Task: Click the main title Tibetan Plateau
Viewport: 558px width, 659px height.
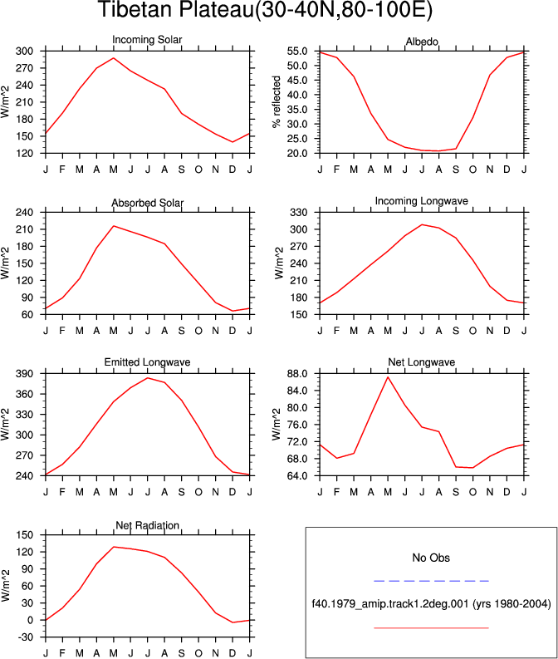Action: coord(265,9)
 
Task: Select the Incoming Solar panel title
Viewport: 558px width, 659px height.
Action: coord(147,40)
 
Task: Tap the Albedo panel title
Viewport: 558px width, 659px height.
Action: coord(422,42)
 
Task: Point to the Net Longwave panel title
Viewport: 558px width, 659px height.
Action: coord(422,361)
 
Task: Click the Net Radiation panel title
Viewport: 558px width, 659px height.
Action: coord(147,525)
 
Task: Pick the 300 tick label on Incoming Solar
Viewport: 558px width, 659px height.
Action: coord(24,51)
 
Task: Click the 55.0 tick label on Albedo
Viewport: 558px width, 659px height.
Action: coord(297,51)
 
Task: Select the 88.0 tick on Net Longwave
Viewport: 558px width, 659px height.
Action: coord(297,374)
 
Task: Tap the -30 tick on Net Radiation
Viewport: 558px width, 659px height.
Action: coord(25,637)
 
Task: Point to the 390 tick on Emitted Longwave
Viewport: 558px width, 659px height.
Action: coord(24,374)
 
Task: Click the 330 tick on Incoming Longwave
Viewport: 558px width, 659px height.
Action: coord(299,212)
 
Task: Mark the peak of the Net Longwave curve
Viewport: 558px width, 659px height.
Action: coord(388,377)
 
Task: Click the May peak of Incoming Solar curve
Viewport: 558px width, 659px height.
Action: coord(114,58)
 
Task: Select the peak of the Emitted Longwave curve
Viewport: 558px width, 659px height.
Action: coord(147,378)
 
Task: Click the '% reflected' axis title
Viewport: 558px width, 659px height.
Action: coord(276,101)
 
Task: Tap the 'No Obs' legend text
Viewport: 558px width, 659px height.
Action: coord(431,558)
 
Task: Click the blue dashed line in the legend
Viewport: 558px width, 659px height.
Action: coord(431,581)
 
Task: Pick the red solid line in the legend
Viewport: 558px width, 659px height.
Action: coord(431,628)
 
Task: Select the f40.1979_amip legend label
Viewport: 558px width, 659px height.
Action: coord(431,604)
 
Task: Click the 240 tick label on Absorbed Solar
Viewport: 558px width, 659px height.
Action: coord(24,212)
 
